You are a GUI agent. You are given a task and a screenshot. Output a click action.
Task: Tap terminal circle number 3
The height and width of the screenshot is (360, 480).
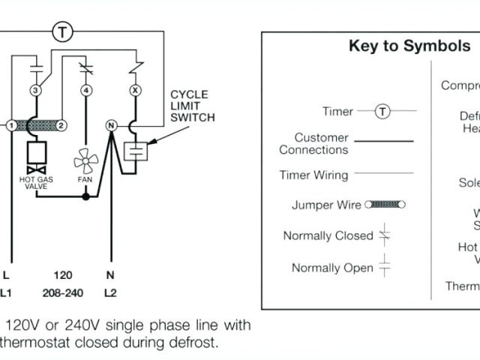coord(34,90)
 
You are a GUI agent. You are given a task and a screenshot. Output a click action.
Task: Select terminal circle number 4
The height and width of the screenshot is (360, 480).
coord(86,90)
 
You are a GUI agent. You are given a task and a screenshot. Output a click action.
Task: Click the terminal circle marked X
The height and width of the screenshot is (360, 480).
coord(136,90)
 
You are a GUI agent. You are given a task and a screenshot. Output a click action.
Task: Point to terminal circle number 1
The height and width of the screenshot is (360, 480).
coord(12,125)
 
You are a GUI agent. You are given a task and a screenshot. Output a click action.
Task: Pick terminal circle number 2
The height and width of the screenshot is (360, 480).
coord(61,125)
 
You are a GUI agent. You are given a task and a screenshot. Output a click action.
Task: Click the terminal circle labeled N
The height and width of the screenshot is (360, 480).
coord(111,125)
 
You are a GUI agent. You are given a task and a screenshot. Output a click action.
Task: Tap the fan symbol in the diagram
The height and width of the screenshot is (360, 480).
coord(84,160)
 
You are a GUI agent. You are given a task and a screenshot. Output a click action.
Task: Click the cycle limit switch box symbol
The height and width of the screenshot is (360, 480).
coord(136,150)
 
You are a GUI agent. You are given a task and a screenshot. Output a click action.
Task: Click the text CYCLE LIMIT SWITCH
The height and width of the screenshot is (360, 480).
coord(192,106)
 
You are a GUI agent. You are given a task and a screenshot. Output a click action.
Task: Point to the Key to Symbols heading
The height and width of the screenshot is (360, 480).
coord(409,46)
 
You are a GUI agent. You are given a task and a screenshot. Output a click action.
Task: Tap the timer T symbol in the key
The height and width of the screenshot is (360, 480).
coord(382,112)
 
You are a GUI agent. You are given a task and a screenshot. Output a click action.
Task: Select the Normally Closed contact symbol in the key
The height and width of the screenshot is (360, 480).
coord(385,235)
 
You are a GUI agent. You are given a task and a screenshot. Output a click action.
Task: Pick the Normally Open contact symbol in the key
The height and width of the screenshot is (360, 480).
coord(385,266)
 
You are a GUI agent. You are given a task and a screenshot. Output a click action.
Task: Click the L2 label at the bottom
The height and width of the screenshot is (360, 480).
coord(110,292)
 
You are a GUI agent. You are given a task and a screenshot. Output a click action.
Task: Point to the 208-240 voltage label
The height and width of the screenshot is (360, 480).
coord(63,292)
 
